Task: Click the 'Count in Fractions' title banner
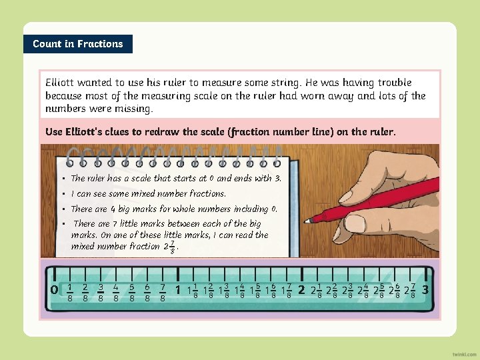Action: pyautogui.click(x=78, y=44)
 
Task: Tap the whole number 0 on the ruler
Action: pyautogui.click(x=54, y=290)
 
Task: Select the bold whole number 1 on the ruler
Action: pyautogui.click(x=178, y=290)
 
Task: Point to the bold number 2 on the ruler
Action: pyautogui.click(x=301, y=290)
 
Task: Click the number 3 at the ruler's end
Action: pyautogui.click(x=426, y=290)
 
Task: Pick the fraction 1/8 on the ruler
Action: pyautogui.click(x=70, y=291)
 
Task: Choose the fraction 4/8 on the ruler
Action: pyautogui.click(x=117, y=291)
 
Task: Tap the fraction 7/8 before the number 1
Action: pyautogui.click(x=163, y=291)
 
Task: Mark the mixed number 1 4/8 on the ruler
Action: pyautogui.click(x=239, y=291)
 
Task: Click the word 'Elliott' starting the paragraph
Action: pyautogui.click(x=59, y=83)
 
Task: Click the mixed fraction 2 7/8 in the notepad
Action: pyautogui.click(x=170, y=247)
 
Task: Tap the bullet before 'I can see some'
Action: pyautogui.click(x=64, y=194)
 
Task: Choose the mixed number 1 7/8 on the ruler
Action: pyautogui.click(x=286, y=291)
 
